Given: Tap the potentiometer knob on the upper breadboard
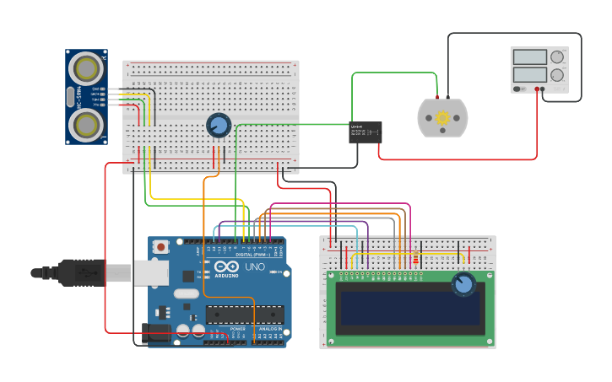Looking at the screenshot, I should pyautogui.click(x=219, y=126).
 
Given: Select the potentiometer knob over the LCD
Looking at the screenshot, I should pyautogui.click(x=463, y=283).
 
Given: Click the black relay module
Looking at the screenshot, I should pyautogui.click(x=366, y=132).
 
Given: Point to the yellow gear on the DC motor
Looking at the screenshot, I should pyautogui.click(x=442, y=118).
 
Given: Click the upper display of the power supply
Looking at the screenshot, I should pyautogui.click(x=529, y=57).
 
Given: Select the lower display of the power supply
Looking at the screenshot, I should pyautogui.click(x=529, y=74).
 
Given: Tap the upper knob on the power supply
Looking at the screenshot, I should pyautogui.click(x=557, y=57).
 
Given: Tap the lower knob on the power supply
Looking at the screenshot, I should pyautogui.click(x=557, y=74).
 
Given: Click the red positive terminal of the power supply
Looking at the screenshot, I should pyautogui.click(x=537, y=89).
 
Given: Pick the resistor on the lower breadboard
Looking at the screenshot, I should pyautogui.click(x=415, y=261).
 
